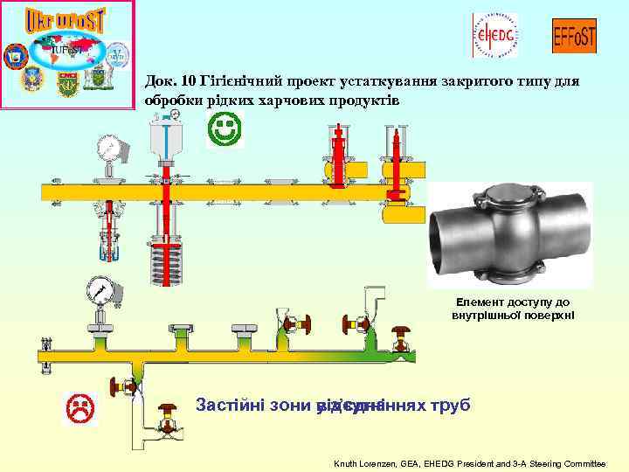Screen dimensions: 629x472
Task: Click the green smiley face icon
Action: click(225, 131)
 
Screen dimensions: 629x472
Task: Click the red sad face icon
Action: click(81, 407)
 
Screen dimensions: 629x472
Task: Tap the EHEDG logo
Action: click(494, 35)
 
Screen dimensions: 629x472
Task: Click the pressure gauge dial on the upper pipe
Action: click(109, 145)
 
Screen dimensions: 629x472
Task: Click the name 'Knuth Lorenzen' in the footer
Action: click(367, 462)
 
